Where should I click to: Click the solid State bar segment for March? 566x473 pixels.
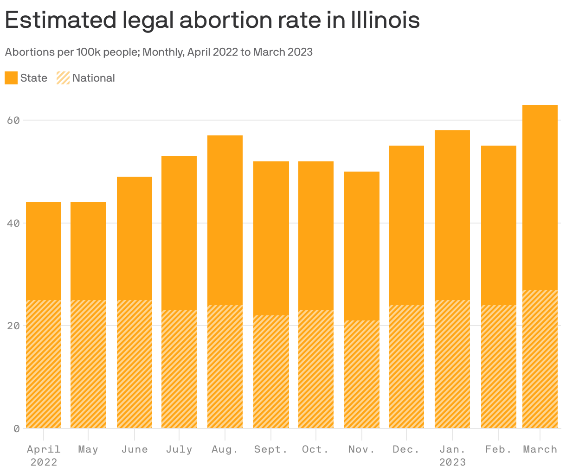coord(540,197)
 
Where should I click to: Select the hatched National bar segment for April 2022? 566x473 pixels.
coord(44,364)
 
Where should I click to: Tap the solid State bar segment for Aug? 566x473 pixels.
coord(225,220)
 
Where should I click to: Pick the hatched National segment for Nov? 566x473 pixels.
coord(362,374)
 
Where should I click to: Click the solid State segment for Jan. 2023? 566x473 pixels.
coord(452,215)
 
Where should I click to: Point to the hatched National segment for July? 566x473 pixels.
coord(179,369)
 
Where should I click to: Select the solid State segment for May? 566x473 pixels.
coord(88,251)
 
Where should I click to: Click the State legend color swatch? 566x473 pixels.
coord(11,78)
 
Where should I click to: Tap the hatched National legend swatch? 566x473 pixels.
coord(63,78)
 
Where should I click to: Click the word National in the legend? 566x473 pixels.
coord(94,78)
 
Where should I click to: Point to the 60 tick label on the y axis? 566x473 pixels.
coord(13,121)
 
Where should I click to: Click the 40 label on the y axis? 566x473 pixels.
coord(13,223)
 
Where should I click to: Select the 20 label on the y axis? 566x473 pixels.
coord(13,326)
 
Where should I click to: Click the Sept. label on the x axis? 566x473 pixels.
coord(270,449)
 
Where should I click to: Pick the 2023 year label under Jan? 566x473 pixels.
coord(452,462)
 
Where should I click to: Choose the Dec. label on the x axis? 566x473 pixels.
coord(406,449)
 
